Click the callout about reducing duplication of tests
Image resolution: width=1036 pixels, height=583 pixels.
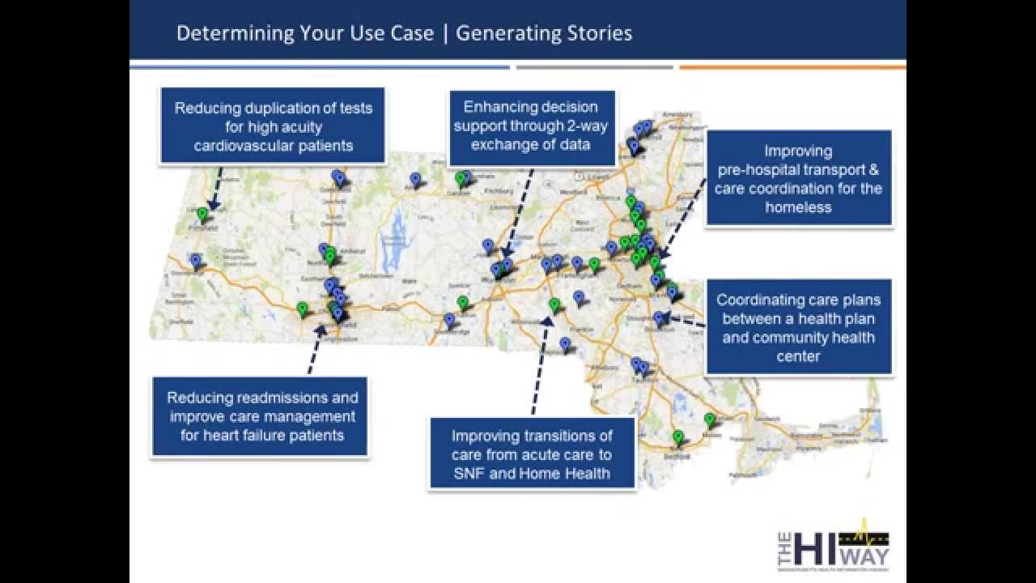tap(273, 126)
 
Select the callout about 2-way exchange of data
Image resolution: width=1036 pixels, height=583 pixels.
tap(531, 126)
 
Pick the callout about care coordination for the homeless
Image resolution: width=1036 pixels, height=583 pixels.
tap(798, 178)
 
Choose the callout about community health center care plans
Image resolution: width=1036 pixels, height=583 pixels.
tap(798, 327)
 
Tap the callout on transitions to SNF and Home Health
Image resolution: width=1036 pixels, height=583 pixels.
tap(531, 454)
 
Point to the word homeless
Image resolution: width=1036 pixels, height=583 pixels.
tap(798, 207)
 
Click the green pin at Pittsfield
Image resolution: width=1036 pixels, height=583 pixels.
tap(202, 214)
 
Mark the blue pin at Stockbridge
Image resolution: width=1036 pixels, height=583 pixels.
tap(195, 260)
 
